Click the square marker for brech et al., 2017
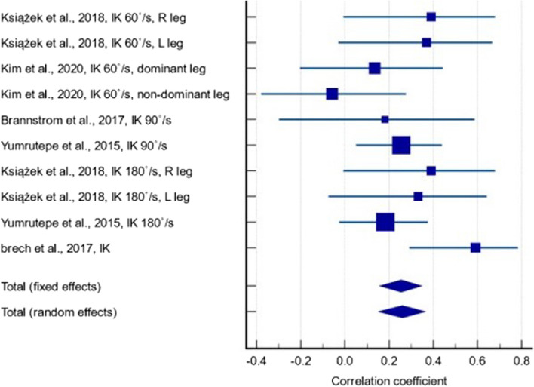(475, 247)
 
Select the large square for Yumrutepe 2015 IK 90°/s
(401, 145)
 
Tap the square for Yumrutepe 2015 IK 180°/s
(385, 222)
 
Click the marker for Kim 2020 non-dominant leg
(332, 94)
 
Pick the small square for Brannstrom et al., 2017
(385, 119)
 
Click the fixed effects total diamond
(400, 286)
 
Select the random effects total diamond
(402, 312)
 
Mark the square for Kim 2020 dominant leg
(374, 68)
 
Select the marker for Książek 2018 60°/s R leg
(431, 17)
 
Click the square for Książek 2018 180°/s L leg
(418, 196)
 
